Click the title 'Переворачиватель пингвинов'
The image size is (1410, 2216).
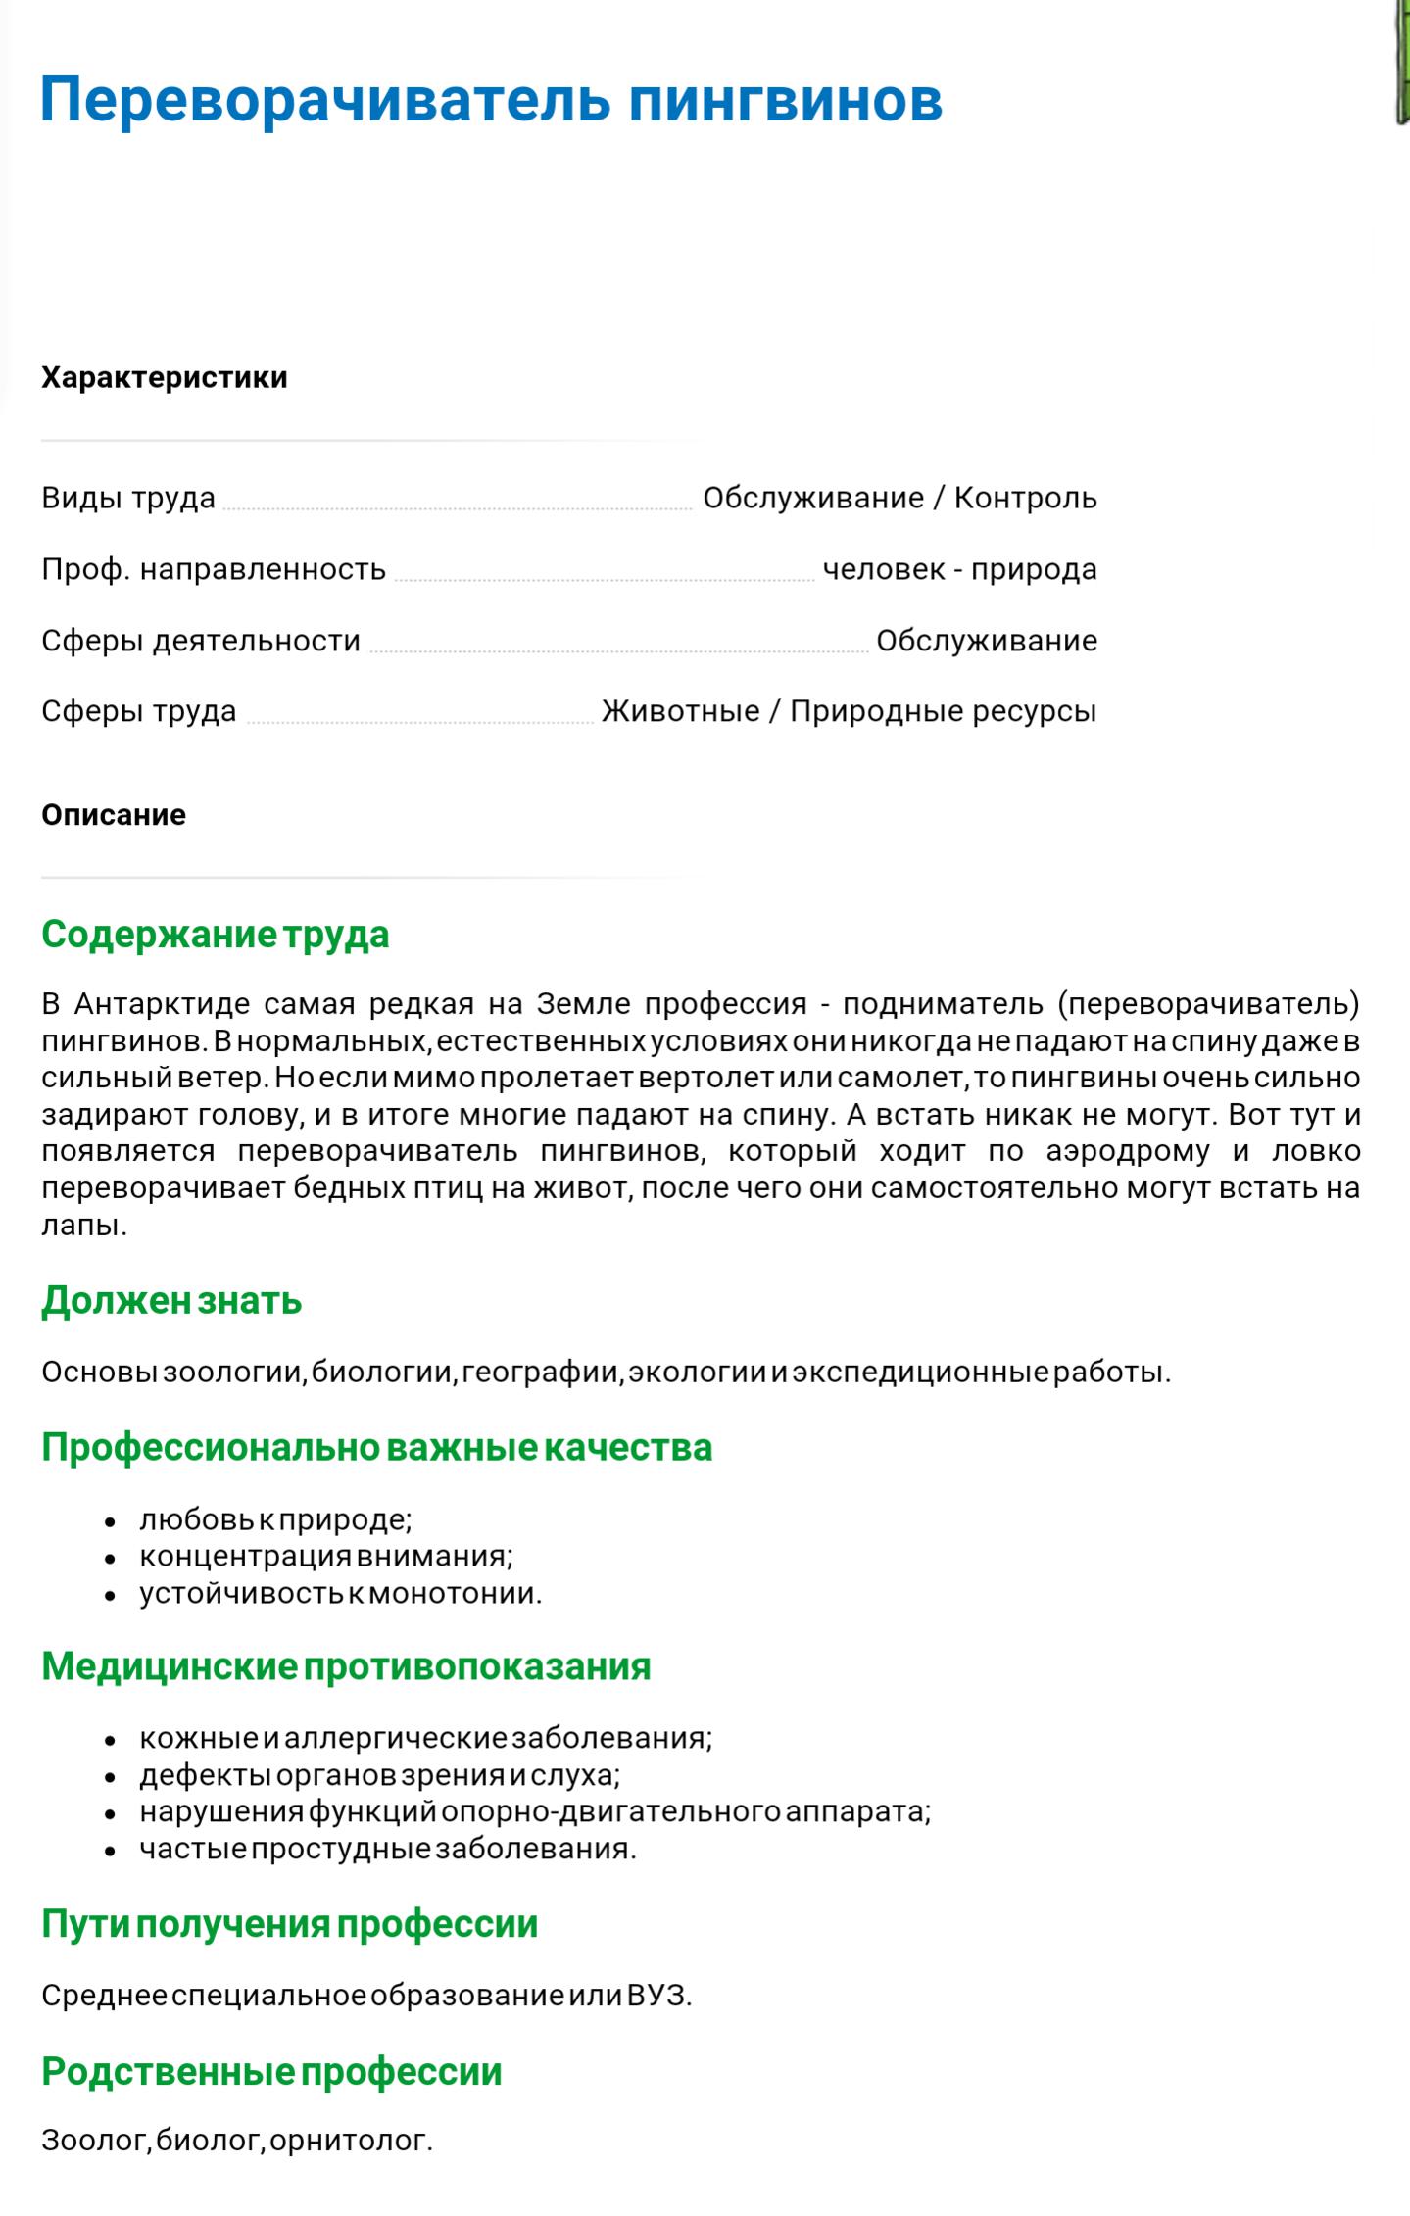pos(491,99)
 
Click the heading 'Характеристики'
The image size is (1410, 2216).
pos(165,377)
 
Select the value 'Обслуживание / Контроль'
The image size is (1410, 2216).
pos(899,498)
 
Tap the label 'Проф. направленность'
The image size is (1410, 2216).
pos(214,569)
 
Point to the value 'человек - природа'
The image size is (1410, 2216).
pos(959,569)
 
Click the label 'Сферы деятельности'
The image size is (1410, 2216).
pos(201,641)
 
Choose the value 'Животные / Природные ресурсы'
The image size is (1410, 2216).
pos(849,711)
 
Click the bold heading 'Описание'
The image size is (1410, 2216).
pos(114,815)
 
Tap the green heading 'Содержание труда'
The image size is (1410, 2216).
pos(216,935)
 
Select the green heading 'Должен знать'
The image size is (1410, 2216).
pos(171,1301)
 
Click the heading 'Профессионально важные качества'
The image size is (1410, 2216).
pos(376,1448)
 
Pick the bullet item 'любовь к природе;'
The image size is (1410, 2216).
pos(275,1519)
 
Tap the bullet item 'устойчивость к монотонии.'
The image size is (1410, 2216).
pos(340,1593)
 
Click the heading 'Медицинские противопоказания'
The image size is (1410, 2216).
pos(346,1666)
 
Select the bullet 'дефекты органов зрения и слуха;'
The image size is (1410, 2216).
pos(379,1775)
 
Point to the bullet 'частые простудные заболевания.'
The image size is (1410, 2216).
pos(387,1849)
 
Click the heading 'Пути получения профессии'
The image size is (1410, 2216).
pos(290,1923)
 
